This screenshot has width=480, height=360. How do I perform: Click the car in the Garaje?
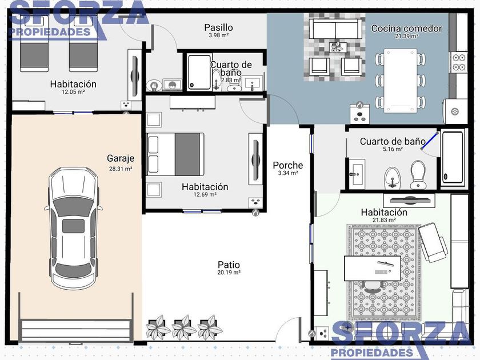(x=74, y=228)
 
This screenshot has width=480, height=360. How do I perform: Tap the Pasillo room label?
(x=218, y=27)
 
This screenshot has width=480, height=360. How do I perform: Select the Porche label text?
(x=288, y=165)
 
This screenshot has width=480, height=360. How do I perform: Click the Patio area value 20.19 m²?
(x=229, y=273)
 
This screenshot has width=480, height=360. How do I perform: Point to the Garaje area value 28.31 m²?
(x=121, y=169)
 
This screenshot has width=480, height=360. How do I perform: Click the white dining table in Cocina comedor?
(x=401, y=81)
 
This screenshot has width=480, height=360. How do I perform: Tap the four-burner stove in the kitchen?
(x=458, y=62)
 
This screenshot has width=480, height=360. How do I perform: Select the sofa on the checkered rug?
(x=336, y=29)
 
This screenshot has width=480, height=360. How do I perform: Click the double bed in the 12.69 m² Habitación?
(x=175, y=154)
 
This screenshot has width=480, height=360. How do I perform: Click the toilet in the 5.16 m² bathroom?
(x=418, y=175)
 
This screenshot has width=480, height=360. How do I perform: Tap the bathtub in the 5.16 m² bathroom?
(x=453, y=158)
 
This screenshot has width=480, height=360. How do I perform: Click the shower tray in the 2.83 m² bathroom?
(x=199, y=72)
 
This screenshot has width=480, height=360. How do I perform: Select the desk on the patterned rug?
(x=372, y=269)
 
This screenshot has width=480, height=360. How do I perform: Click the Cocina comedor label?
(x=406, y=29)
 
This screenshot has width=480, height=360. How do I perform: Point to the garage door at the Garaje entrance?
(x=76, y=331)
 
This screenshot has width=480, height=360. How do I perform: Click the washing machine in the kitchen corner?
(x=455, y=111)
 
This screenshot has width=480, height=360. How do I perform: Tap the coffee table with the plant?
(x=338, y=47)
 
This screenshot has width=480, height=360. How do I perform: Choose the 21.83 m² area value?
(x=384, y=220)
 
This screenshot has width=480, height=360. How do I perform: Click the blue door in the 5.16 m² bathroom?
(x=430, y=141)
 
